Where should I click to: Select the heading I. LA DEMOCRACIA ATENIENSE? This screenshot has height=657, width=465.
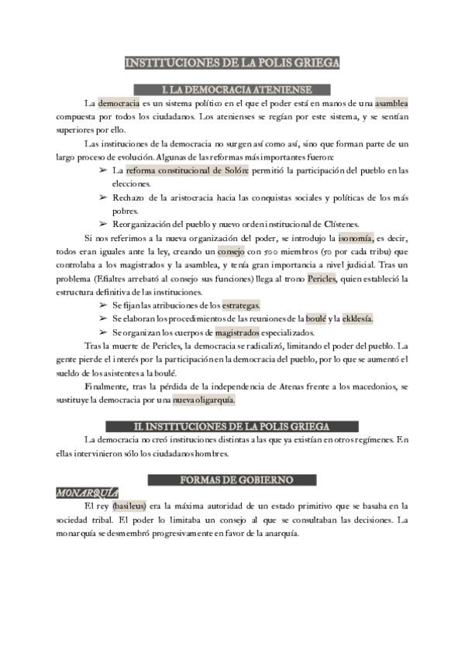tap(232, 89)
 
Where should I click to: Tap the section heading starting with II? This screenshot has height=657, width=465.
tap(232, 426)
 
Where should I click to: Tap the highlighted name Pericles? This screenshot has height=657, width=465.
tap(327, 278)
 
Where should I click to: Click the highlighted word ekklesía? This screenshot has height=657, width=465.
tap(356, 318)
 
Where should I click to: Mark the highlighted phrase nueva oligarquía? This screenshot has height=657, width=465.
tap(203, 401)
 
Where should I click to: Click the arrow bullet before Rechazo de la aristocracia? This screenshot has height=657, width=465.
tap(103, 198)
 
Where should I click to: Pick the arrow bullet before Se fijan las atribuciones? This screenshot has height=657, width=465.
tap(103, 305)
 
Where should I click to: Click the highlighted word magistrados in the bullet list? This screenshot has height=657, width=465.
tap(236, 332)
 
